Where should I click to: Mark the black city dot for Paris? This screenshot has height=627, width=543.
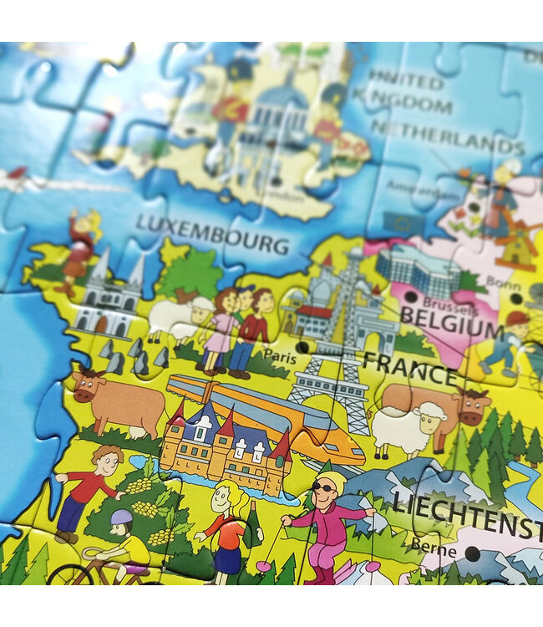click(x=302, y=346)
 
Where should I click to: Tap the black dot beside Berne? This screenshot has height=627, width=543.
click(x=473, y=553)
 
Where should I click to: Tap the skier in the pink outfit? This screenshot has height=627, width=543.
click(x=326, y=527)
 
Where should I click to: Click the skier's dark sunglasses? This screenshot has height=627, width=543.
click(x=322, y=487)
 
